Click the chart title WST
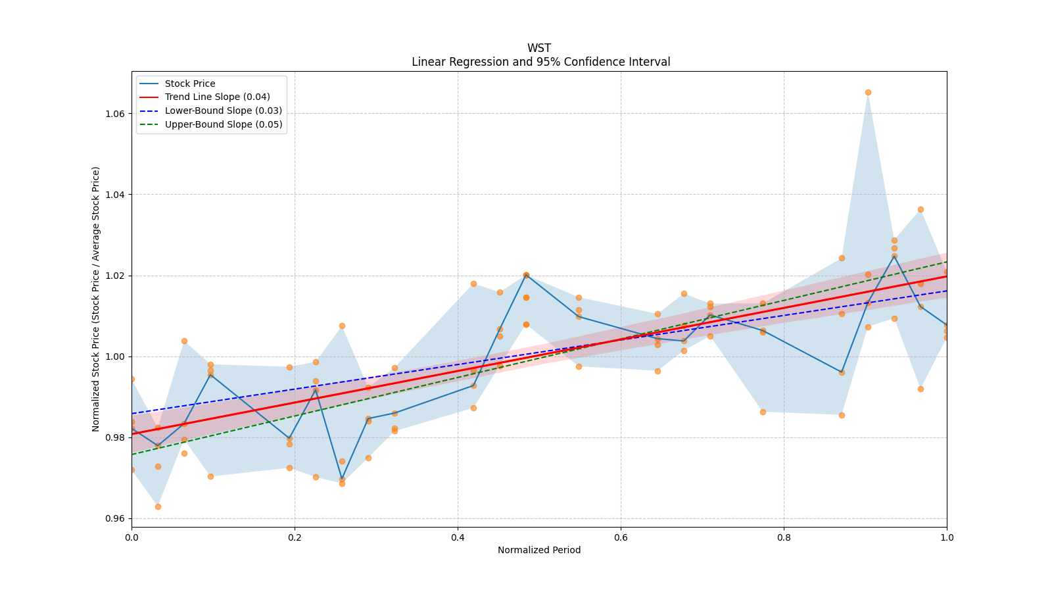coord(538,48)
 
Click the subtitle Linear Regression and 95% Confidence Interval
coord(540,62)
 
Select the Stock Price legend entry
coord(190,84)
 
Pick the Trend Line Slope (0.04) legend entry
coord(217,97)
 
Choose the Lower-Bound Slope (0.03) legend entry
coord(223,111)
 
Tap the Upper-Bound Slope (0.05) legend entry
coord(224,124)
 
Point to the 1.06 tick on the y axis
coord(116,113)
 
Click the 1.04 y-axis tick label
coord(116,194)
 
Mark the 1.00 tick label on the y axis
coord(116,357)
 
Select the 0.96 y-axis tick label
coord(116,518)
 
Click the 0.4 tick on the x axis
coord(458,537)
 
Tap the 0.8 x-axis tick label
coord(784,537)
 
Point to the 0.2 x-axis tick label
coord(295,537)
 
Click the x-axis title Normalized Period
coord(539,550)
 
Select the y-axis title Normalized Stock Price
coord(96,299)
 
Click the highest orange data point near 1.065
coord(868,92)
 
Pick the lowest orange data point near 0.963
coord(158,506)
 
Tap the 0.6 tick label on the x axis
coord(621,537)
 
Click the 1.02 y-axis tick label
coord(116,276)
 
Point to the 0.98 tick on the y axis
coord(116,437)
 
